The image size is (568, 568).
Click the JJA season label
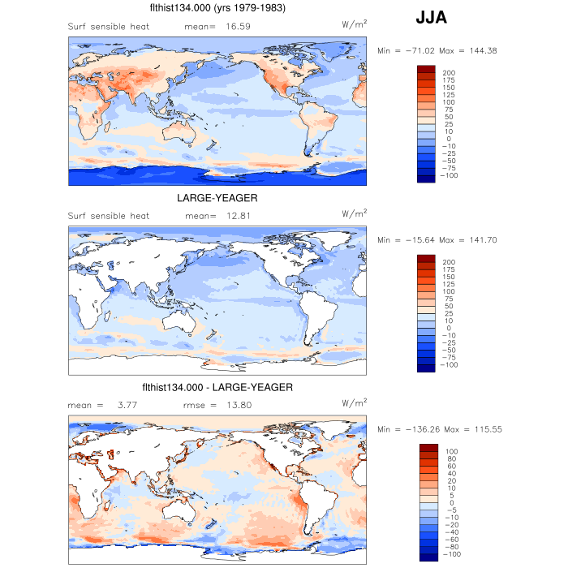point(431,17)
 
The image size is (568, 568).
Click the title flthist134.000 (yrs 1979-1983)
point(217,8)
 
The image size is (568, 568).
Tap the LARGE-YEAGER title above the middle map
point(217,197)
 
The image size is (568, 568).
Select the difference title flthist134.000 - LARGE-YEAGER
point(217,387)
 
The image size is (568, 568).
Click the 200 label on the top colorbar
point(448,73)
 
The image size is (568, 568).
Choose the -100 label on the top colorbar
point(448,175)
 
